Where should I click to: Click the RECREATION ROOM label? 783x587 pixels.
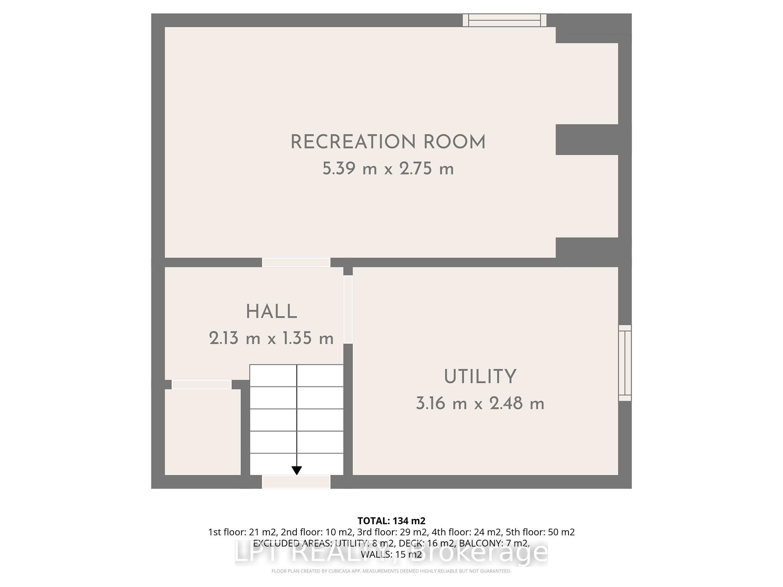(x=388, y=142)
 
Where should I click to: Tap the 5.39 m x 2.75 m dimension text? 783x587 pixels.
(x=388, y=169)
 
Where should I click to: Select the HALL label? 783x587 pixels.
(x=271, y=312)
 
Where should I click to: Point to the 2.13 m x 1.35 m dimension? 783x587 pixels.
(x=271, y=338)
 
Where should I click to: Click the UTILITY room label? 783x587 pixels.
(x=480, y=377)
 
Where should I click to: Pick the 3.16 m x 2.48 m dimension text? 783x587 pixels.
(x=480, y=404)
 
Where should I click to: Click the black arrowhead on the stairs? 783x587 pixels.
(x=297, y=470)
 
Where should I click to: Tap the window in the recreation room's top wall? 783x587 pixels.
(x=504, y=20)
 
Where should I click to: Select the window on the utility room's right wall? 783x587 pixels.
(x=625, y=363)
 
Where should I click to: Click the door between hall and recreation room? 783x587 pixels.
(x=296, y=262)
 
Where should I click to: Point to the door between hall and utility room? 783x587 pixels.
(x=348, y=310)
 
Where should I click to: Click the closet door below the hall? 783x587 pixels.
(x=201, y=384)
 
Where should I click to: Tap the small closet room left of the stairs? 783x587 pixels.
(x=202, y=432)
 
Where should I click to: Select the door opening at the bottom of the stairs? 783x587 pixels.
(x=296, y=481)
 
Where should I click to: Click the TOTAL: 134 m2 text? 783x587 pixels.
(x=391, y=521)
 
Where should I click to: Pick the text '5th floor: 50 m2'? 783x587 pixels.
(x=540, y=532)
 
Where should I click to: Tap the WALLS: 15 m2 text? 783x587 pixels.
(x=391, y=554)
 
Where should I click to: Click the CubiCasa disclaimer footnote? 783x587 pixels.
(x=391, y=571)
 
